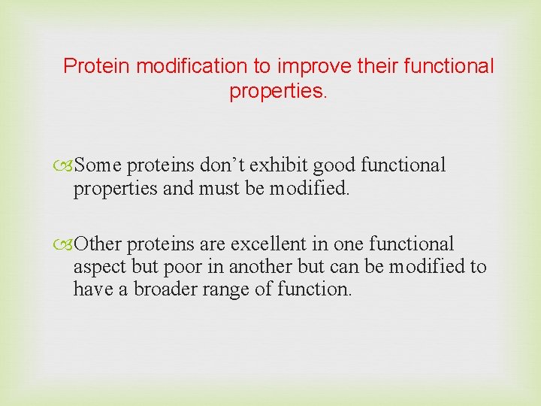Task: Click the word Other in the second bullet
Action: (105, 244)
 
